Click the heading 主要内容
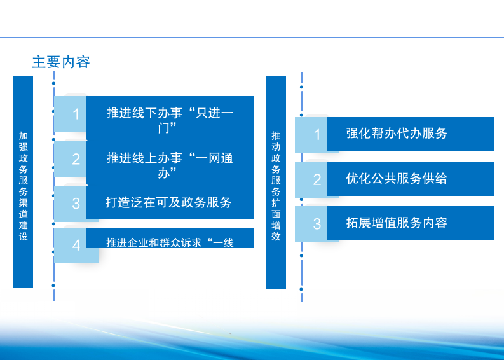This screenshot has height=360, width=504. (61, 62)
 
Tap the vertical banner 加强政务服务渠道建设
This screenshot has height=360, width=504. (23, 182)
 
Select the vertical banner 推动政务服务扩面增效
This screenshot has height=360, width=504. (276, 183)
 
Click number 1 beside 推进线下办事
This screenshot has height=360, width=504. (76, 114)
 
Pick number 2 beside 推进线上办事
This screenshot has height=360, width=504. (76, 159)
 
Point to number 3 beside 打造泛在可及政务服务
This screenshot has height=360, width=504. (76, 204)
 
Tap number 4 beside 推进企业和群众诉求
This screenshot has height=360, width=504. (76, 246)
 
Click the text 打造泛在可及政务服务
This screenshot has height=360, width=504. (169, 202)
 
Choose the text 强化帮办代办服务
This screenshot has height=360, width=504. (397, 133)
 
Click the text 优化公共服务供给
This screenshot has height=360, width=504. (397, 178)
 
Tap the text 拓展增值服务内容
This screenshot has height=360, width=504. (397, 223)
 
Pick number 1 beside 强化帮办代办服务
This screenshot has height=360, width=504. (317, 135)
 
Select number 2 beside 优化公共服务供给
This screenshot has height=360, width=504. (317, 179)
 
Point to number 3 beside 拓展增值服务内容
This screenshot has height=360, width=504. (317, 224)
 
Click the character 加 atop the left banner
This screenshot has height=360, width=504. (23, 135)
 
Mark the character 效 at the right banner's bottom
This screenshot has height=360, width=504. (276, 236)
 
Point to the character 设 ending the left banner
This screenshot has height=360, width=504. (23, 236)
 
